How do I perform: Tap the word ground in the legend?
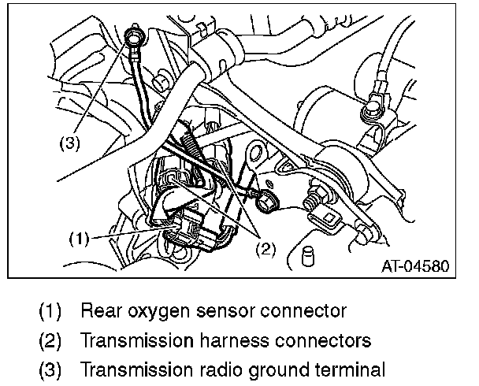tap(263, 370)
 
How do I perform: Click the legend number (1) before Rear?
tap(51, 311)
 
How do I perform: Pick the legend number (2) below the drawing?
tap(51, 341)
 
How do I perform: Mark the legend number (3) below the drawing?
tap(51, 370)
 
